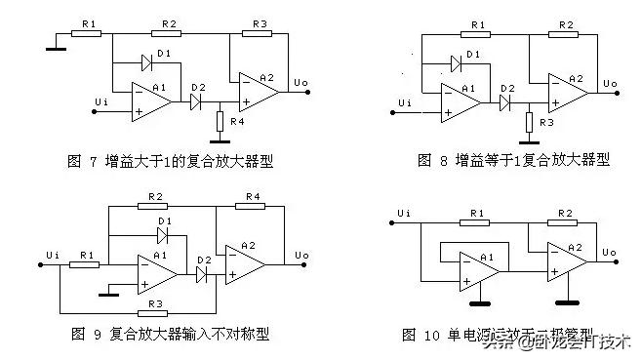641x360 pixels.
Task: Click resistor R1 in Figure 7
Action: pos(87,32)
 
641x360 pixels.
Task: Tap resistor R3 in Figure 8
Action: pos(528,122)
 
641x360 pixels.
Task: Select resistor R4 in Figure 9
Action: pos(252,207)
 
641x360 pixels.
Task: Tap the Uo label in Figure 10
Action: pos(609,254)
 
